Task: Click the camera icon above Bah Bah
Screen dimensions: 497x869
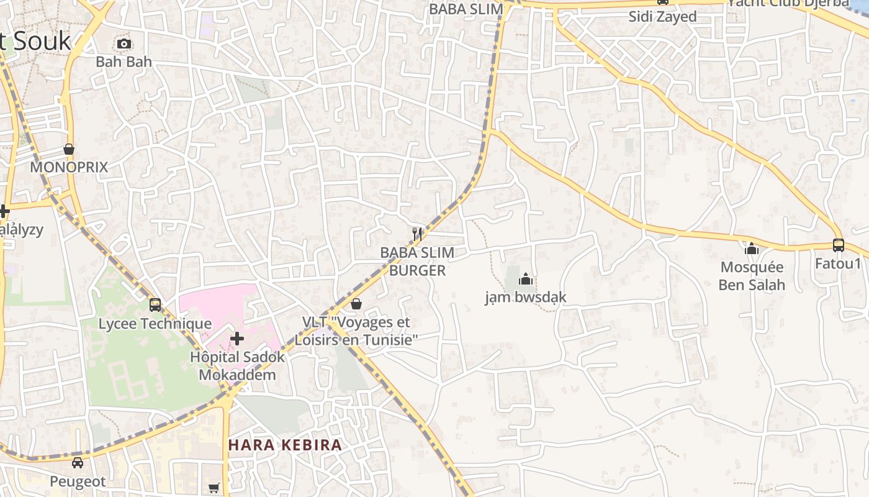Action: pyautogui.click(x=124, y=43)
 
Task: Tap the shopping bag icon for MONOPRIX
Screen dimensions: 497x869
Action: pyautogui.click(x=69, y=150)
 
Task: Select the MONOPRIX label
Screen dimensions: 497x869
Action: pyautogui.click(x=69, y=167)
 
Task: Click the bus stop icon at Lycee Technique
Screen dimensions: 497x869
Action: pyautogui.click(x=155, y=305)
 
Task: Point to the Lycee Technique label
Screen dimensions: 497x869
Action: pyautogui.click(x=155, y=324)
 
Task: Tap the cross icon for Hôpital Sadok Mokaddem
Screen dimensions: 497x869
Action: pyautogui.click(x=237, y=339)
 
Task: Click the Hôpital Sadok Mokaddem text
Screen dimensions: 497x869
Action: pyautogui.click(x=237, y=366)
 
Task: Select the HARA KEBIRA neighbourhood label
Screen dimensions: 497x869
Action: pyautogui.click(x=285, y=445)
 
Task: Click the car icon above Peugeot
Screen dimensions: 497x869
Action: pyautogui.click(x=78, y=463)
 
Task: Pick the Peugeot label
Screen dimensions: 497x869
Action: pyautogui.click(x=78, y=481)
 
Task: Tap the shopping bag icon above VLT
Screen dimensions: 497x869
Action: pyautogui.click(x=356, y=304)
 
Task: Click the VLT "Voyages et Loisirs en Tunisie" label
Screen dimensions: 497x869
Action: pyautogui.click(x=356, y=331)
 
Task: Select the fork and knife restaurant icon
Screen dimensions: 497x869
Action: pyautogui.click(x=417, y=234)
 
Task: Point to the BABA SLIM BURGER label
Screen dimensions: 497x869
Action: pyautogui.click(x=417, y=262)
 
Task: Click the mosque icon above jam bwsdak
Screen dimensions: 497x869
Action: pyautogui.click(x=526, y=279)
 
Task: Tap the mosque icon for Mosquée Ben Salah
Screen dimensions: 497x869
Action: pyautogui.click(x=752, y=249)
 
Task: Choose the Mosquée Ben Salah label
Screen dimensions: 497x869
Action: pyautogui.click(x=752, y=276)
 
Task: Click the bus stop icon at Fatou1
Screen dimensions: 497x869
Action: pyautogui.click(x=839, y=245)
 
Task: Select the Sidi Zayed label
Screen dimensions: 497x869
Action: pyautogui.click(x=662, y=17)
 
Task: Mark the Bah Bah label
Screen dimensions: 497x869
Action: pyautogui.click(x=124, y=62)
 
